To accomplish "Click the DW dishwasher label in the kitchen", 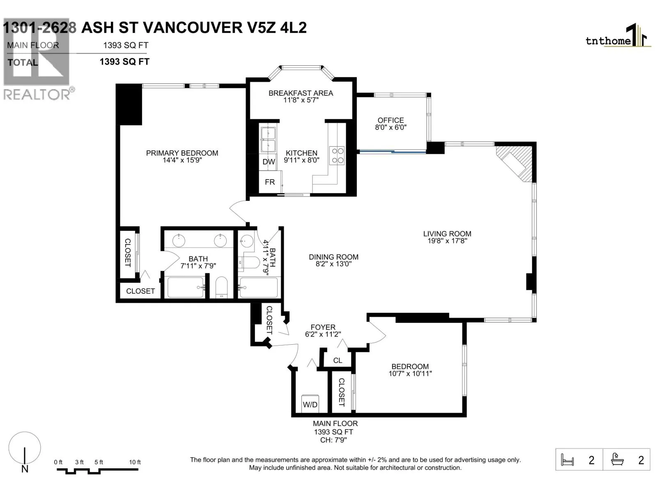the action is tap(269, 162).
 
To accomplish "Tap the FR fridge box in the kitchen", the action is tap(270, 182).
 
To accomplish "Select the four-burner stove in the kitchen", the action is tap(337, 156).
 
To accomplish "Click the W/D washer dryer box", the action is tap(310, 404).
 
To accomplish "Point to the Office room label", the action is tap(391, 120).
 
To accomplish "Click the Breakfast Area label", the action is tap(301, 93).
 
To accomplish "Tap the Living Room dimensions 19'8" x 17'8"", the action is tap(447, 241).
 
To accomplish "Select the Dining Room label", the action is tap(333, 257).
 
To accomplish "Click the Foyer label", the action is tap(323, 327).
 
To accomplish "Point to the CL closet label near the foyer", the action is tap(338, 360).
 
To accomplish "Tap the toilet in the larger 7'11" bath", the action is tap(221, 287).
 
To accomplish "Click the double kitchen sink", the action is tap(268, 140).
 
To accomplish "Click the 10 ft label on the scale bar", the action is tap(135, 462).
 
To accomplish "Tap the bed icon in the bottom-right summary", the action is tap(567, 460).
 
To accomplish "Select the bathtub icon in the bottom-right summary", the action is tap(618, 459).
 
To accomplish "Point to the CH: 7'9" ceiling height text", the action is tap(333, 440).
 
